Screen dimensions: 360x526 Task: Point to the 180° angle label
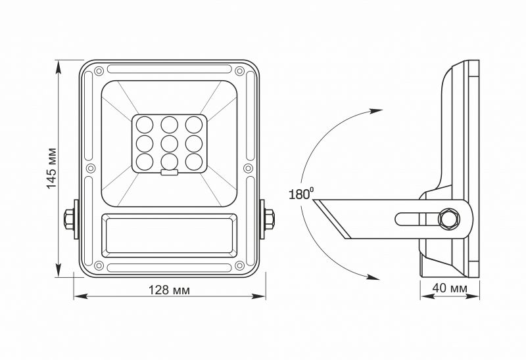pyautogui.click(x=300, y=194)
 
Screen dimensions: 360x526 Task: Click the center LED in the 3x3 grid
pyautogui.click(x=170, y=142)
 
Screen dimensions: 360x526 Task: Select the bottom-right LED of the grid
pyautogui.click(x=193, y=160)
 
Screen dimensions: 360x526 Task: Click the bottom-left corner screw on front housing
pyautogui.click(x=98, y=266)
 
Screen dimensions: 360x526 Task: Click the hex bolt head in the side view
pyautogui.click(x=450, y=217)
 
